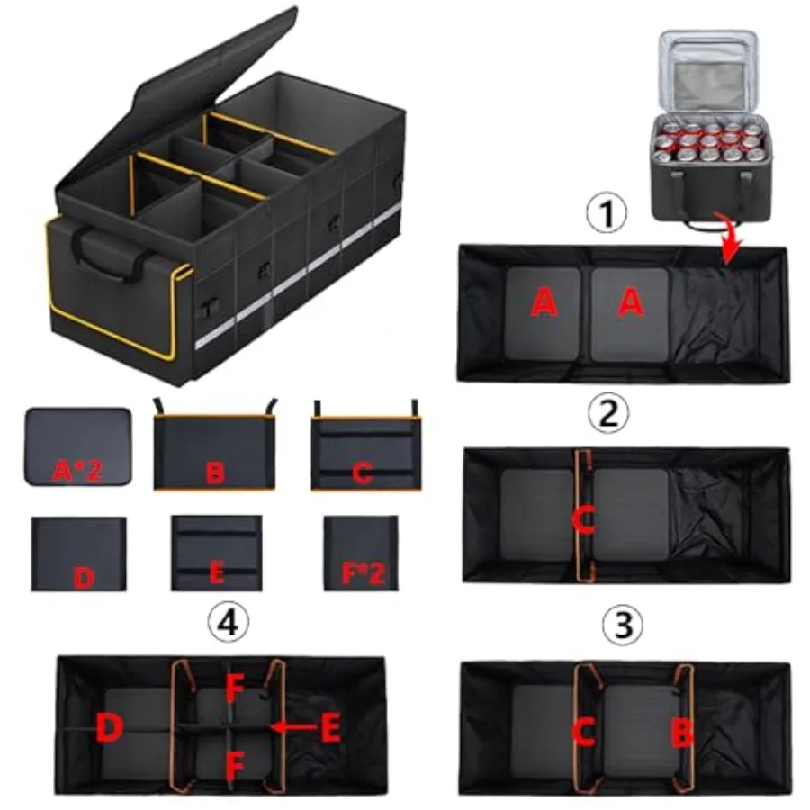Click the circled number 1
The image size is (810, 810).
pos(607,212)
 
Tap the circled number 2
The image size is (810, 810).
pos(608,412)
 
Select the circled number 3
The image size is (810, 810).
pos(622,624)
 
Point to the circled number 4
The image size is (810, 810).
pos(229,623)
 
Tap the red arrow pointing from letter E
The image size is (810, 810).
pos(294,727)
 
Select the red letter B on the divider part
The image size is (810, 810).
pos(214,472)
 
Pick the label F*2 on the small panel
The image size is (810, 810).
pos(364,572)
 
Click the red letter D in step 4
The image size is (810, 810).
pos(110,727)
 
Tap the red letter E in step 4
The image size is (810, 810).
pos(331,727)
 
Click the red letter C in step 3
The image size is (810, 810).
pos(585,732)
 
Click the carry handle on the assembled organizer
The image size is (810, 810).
pos(109,254)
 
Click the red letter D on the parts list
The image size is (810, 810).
pos(85,578)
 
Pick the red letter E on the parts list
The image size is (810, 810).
pos(216,572)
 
